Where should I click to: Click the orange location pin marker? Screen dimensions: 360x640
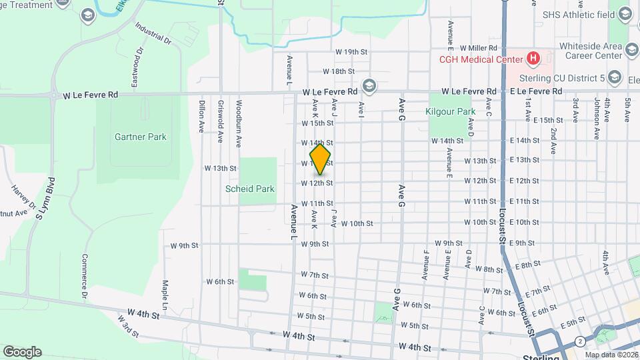tap(321, 159)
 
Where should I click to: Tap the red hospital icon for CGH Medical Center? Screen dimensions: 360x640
tap(533, 59)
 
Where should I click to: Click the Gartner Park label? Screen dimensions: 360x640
tap(131, 137)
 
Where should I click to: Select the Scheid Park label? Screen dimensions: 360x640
tap(250, 189)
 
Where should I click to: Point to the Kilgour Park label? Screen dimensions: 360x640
tap(450, 111)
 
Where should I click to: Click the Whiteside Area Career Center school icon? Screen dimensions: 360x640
tap(631, 49)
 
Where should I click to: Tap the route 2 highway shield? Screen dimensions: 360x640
tap(581, 341)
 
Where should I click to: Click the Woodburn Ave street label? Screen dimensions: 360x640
tap(238, 123)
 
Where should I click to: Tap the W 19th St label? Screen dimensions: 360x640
tap(351, 51)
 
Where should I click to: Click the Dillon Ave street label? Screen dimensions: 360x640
tap(201, 117)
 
